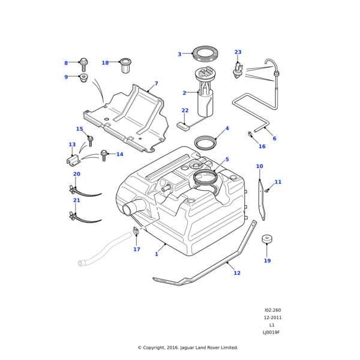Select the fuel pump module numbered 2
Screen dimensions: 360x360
coord(205,99)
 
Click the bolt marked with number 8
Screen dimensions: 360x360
coord(83,62)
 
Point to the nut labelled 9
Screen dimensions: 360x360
coord(84,77)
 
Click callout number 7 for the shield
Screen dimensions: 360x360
coord(156,84)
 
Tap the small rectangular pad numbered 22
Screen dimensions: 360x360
coord(183,125)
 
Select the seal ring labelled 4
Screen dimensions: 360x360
coord(205,142)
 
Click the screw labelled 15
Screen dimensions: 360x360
coord(91,140)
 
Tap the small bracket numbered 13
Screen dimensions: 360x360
coord(73,160)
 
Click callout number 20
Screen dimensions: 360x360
coord(76,174)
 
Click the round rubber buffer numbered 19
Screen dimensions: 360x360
coord(267,239)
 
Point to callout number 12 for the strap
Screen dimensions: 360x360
coord(237,273)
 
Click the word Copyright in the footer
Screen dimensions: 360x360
coord(161,347)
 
